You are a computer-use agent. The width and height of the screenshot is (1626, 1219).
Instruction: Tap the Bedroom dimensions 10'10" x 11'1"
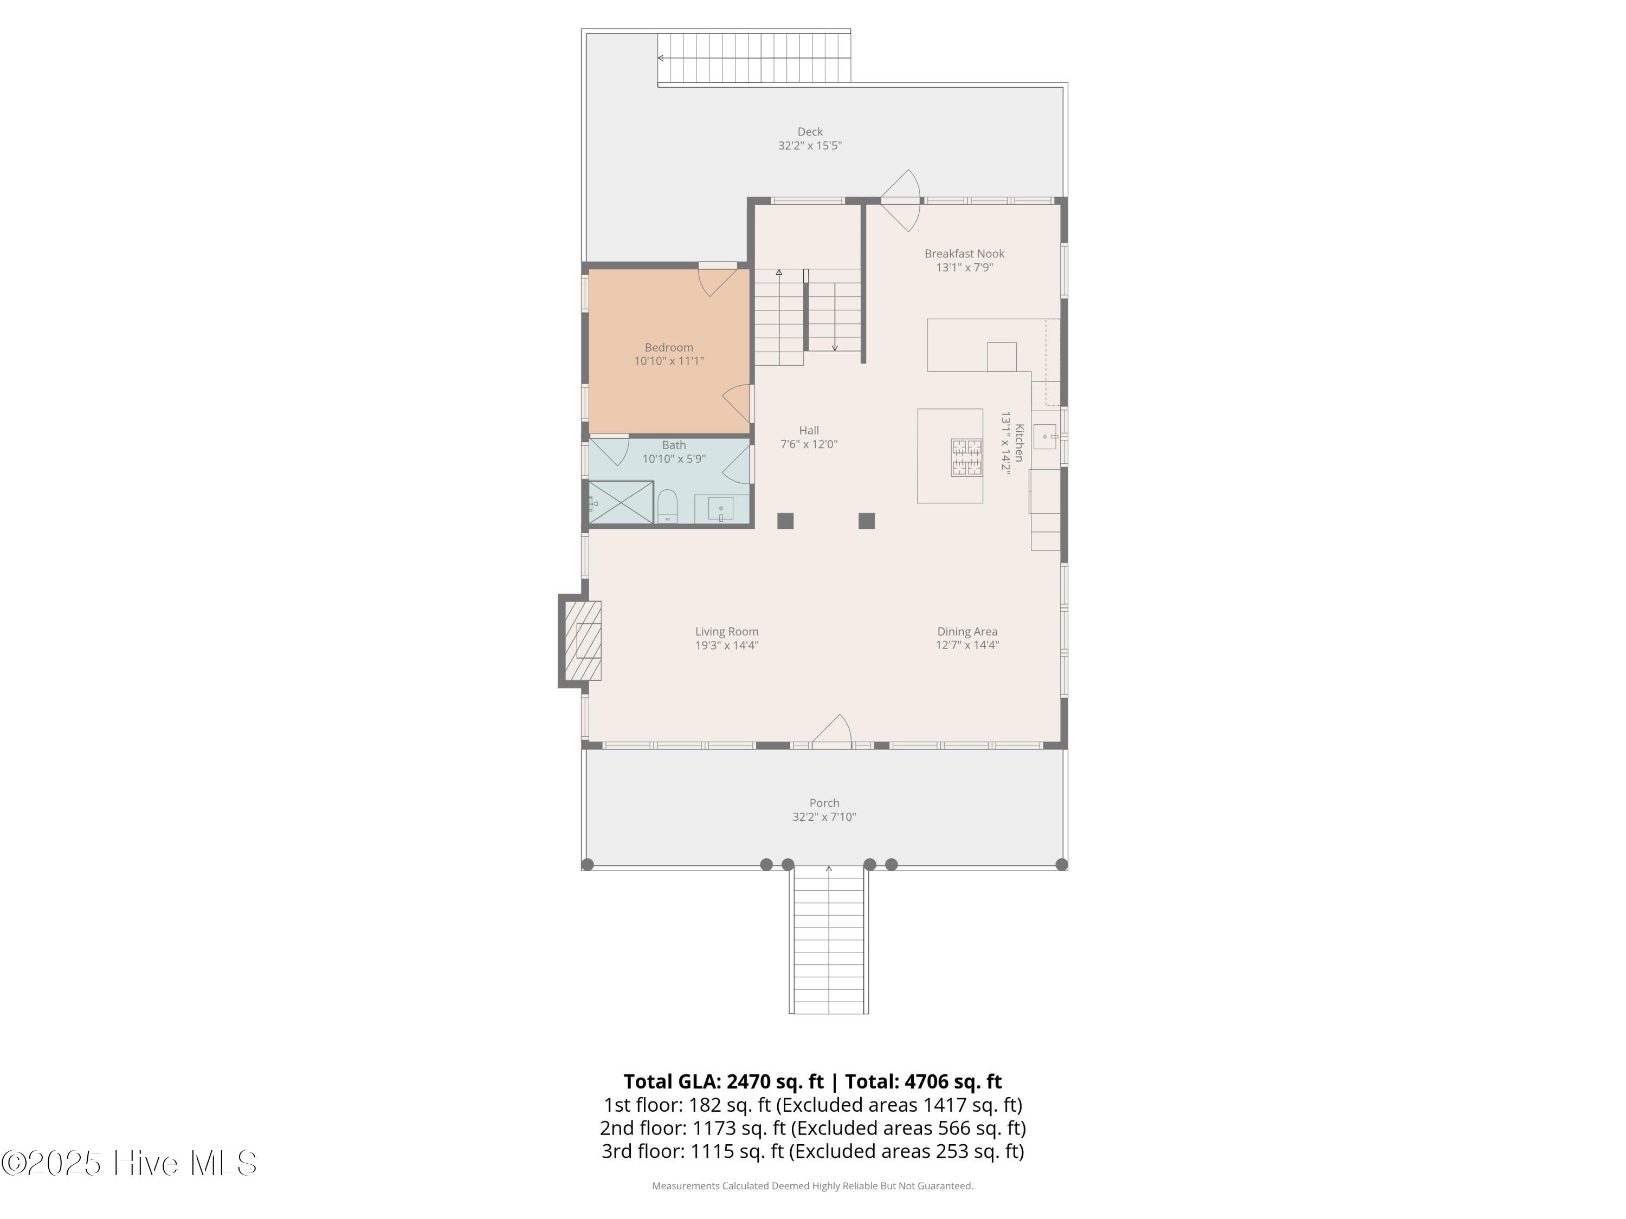click(669, 361)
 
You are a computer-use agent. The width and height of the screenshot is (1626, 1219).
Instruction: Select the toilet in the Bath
click(667, 506)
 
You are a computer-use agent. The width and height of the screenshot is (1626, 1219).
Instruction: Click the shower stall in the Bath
click(621, 503)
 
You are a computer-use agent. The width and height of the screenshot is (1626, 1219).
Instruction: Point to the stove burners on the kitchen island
click(966, 457)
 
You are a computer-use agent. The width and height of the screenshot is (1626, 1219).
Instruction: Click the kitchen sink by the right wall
click(1044, 437)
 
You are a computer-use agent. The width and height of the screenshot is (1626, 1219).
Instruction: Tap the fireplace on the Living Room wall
click(583, 641)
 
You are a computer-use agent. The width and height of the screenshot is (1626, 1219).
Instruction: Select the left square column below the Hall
click(785, 521)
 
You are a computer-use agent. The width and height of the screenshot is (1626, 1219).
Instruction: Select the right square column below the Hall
click(867, 521)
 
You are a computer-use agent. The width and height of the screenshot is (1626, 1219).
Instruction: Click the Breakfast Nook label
click(964, 254)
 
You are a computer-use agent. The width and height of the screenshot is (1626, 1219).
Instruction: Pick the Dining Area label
click(967, 631)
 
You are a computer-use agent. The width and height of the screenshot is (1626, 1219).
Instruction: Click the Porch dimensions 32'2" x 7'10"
click(824, 816)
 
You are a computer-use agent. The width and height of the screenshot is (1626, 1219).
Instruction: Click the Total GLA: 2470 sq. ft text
click(724, 1081)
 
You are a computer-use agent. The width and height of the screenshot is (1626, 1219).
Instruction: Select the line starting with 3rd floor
click(813, 1151)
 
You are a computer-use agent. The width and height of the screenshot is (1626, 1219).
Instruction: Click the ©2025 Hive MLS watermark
click(128, 1163)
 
